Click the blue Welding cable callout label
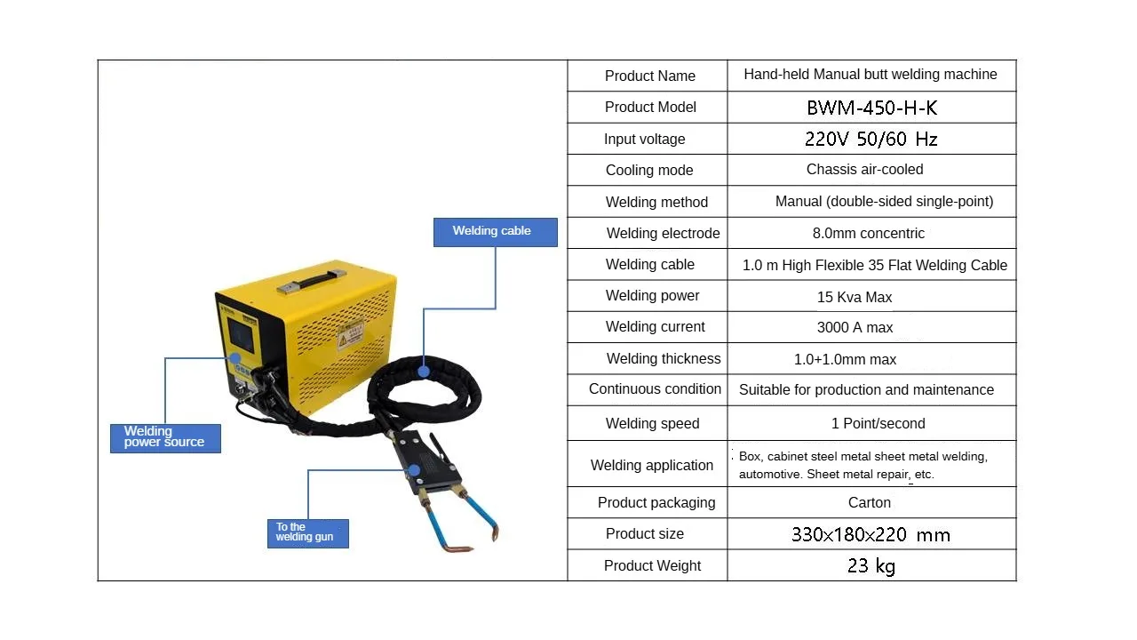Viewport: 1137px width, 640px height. coord(495,231)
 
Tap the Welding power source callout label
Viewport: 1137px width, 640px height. coord(165,437)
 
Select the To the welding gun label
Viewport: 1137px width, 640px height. coord(307,532)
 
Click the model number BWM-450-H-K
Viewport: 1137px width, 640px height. coord(871,108)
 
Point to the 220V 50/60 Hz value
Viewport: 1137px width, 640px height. coord(871,139)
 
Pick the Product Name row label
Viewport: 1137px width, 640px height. coord(649,76)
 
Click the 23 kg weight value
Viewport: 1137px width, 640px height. coord(871,565)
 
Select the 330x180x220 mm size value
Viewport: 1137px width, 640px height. coord(871,534)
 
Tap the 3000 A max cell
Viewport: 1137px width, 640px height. coord(855,327)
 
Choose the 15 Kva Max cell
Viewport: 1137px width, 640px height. coord(855,297)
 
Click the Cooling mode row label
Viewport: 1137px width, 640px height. coord(649,170)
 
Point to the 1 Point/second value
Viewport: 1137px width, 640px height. coord(878,423)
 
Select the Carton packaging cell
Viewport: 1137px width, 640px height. coord(869,502)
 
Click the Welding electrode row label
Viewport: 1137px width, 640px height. coord(663,233)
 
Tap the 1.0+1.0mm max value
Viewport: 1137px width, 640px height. coord(845,359)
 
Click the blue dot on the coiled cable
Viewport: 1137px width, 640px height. coord(425,372)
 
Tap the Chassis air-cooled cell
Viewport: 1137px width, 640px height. coord(864,169)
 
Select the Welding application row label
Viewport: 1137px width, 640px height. coord(651,465)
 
